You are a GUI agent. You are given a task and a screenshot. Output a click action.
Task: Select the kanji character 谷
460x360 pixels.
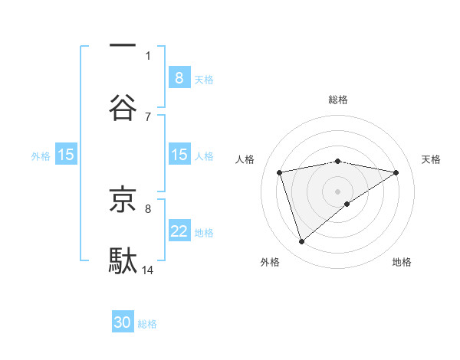pos(123,107)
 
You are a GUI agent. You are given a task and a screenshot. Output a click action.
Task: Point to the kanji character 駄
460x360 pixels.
pos(123,260)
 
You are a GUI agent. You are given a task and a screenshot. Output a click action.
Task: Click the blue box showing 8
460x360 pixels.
pos(179,77)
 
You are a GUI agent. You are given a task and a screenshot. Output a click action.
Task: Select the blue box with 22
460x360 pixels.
pos(179,231)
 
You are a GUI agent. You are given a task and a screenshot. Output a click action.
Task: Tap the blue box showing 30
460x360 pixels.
pos(123,322)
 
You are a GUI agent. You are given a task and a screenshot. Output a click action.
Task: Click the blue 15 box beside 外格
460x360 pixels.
pos(66,155)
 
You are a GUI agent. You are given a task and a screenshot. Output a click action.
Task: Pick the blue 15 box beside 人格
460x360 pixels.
pos(179,155)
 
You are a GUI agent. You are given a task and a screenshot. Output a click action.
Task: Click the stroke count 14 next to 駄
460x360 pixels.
pos(149,270)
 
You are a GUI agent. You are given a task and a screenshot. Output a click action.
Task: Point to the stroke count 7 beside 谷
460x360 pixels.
pos(148,116)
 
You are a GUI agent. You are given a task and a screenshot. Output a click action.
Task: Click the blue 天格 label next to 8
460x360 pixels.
pos(204,79)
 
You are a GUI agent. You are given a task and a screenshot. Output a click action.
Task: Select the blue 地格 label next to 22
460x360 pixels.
pos(204,233)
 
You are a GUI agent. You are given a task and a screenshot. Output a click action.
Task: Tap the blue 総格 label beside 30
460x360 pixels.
pos(148,324)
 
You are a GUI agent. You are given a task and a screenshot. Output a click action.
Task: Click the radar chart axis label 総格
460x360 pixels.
pos(338,100)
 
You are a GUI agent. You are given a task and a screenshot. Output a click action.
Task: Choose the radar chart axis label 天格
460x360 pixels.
pos(432,159)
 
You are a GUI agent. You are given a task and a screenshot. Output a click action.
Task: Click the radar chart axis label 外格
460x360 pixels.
pos(270,262)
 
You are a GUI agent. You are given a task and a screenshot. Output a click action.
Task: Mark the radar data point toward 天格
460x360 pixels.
pos(396,172)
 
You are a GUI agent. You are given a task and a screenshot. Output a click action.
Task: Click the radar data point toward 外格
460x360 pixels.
pos(302,242)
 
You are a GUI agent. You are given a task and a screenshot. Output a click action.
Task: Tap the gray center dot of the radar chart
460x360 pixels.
pos(338,191)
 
